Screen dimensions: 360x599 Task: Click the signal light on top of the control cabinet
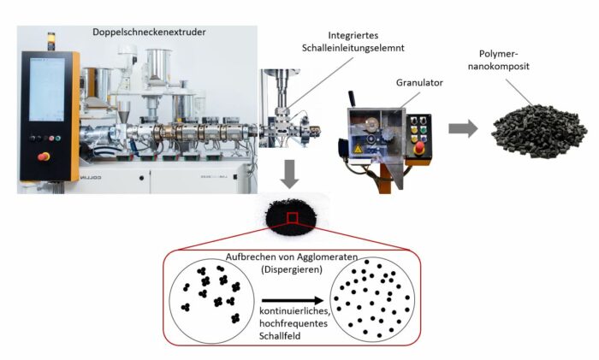pyautogui.click(x=49, y=38)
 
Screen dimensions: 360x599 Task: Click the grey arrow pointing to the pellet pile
pyautogui.click(x=463, y=128)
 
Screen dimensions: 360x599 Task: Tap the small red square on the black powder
pyautogui.click(x=292, y=218)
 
